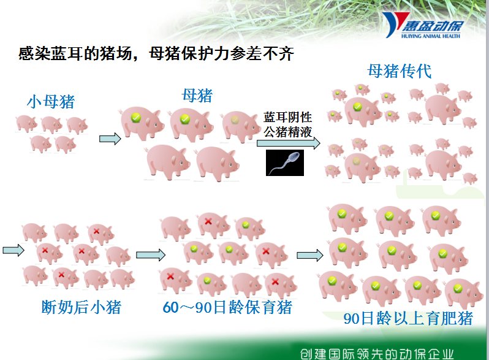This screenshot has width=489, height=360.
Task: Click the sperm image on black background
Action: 285,163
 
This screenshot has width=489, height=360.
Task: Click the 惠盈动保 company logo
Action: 423,25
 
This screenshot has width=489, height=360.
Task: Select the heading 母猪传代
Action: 399,71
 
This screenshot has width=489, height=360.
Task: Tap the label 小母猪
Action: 51,102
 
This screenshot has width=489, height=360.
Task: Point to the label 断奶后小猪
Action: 81,307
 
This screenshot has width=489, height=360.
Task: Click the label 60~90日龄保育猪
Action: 227,307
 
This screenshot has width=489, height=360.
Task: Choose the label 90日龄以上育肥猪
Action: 408,318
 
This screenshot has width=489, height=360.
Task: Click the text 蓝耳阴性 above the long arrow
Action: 287,117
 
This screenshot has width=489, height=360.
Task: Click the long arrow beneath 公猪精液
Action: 289,143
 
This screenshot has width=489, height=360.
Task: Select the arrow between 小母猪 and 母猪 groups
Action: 110,139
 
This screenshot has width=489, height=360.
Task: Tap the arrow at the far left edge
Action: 13,250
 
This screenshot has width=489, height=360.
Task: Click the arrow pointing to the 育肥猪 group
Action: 310,255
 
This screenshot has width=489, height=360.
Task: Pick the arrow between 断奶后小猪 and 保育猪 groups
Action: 151,255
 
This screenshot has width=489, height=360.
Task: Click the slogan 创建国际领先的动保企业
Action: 377,354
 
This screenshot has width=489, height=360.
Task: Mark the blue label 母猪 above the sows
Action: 197,96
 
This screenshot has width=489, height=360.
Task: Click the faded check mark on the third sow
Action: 235,120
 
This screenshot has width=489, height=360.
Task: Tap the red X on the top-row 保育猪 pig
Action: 208,221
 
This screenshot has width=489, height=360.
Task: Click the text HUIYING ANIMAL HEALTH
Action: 431,36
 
